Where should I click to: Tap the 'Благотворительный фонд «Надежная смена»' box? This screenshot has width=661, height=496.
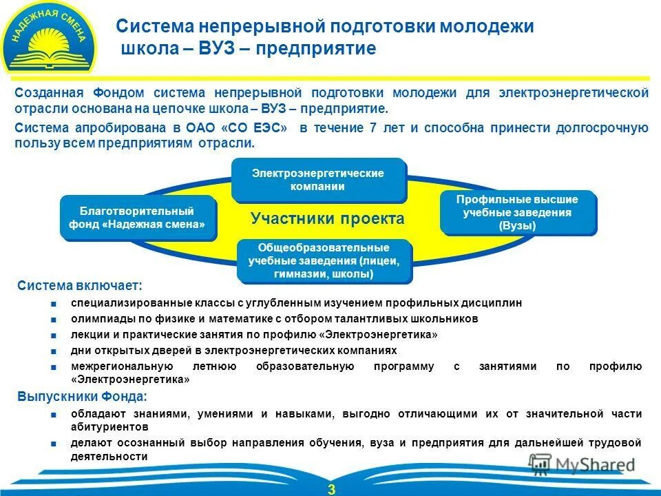(138, 218)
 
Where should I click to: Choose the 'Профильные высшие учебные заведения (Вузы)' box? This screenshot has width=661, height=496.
(517, 212)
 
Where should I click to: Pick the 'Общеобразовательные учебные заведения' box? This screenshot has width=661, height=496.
(324, 260)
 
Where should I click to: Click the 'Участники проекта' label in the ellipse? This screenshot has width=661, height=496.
(327, 219)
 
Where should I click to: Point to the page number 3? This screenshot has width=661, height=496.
(331, 489)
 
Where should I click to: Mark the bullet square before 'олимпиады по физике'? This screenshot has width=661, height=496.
(54, 319)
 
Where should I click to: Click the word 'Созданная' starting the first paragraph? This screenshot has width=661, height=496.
(49, 93)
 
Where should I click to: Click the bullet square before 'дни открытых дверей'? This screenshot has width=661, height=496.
(54, 351)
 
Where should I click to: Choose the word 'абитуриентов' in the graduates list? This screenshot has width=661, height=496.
(103, 426)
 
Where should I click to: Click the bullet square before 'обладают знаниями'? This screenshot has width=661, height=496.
(54, 414)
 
